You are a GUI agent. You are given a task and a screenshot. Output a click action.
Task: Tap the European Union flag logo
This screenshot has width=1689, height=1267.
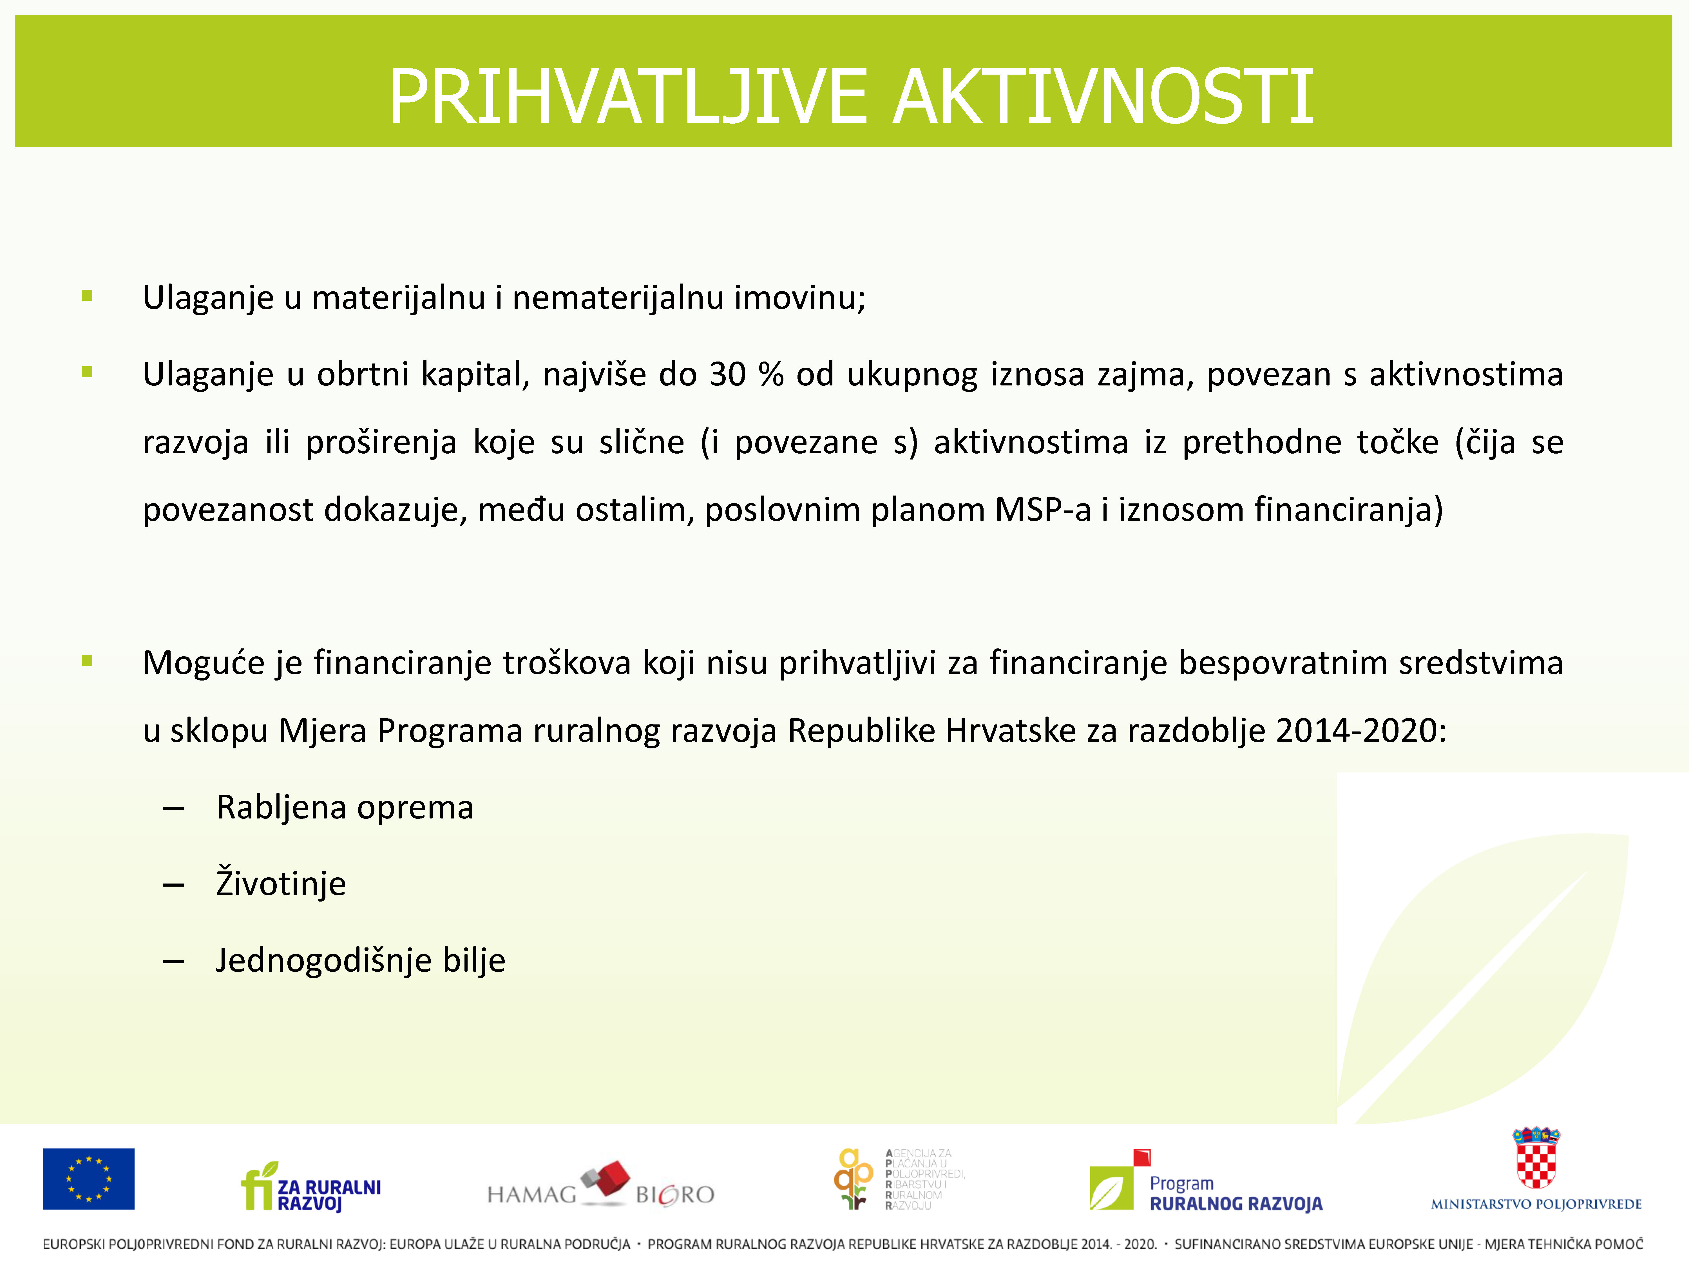(89, 1178)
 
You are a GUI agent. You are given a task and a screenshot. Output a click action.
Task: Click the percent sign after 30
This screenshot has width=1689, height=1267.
(771, 374)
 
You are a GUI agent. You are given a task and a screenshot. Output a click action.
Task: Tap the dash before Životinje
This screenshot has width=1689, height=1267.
(173, 885)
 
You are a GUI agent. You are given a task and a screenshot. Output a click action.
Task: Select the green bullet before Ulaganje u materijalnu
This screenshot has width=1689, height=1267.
(87, 296)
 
